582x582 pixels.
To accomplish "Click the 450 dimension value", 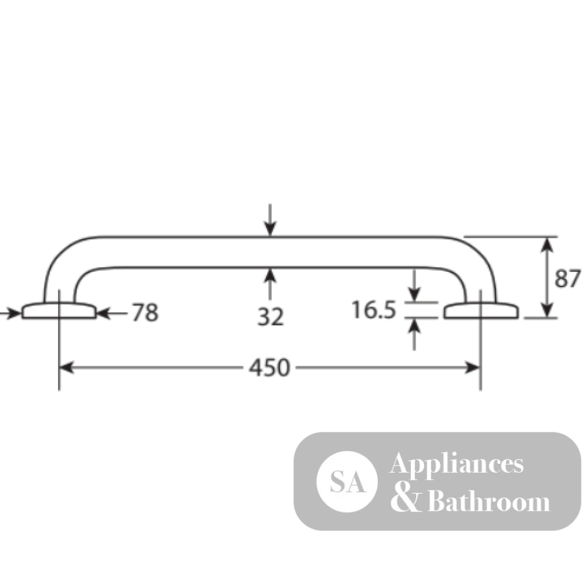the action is point(269,368).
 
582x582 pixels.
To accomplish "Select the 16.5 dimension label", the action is point(374,310).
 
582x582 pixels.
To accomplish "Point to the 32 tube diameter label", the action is point(271,317).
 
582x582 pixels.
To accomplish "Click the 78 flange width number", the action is point(145,312).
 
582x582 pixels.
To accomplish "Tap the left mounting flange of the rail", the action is point(59,310).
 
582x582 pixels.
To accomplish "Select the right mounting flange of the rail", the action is point(481,310).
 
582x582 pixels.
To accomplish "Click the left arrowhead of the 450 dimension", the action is point(66,368).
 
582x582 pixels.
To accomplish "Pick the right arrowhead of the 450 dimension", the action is point(473,368).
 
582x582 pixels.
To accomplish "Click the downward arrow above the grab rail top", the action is point(270,220).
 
